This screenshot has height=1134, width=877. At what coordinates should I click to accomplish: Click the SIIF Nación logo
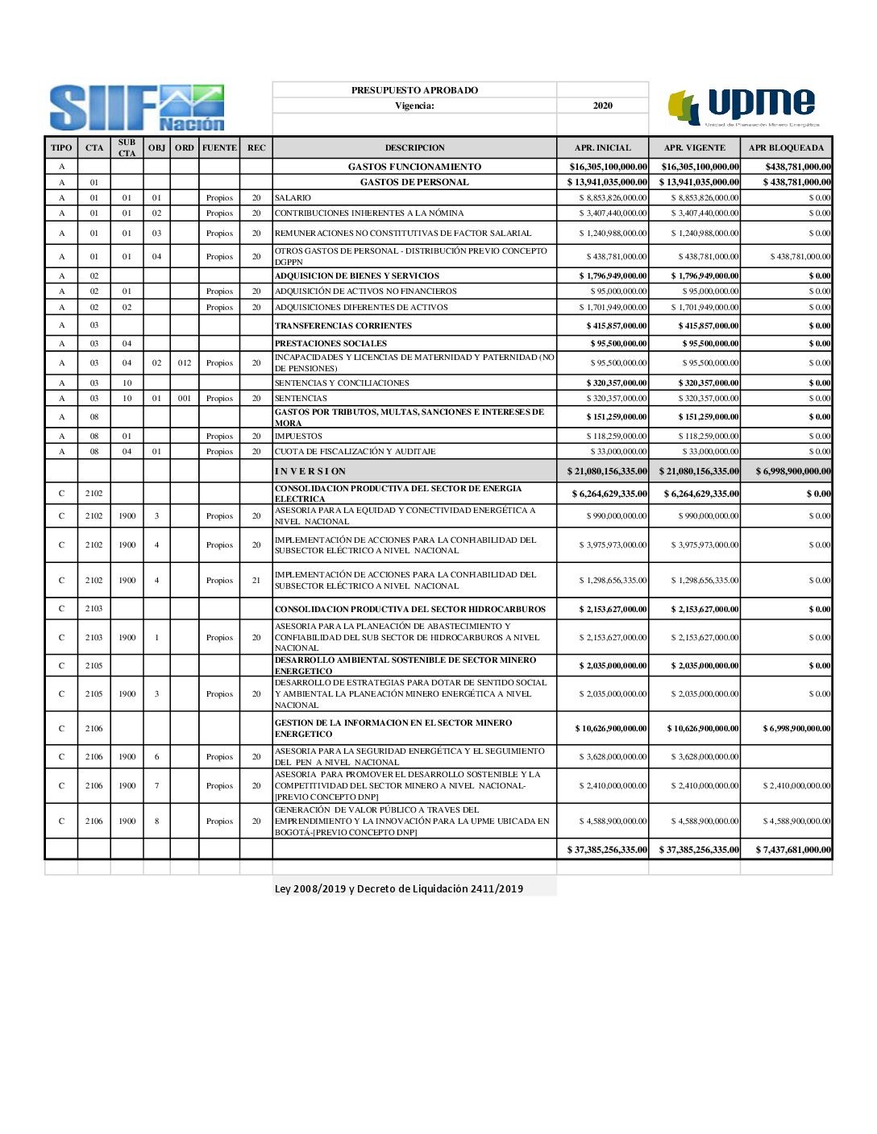coord(137,108)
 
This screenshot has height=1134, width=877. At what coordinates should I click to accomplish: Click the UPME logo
coord(743,108)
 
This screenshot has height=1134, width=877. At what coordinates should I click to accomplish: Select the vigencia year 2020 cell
coord(602,106)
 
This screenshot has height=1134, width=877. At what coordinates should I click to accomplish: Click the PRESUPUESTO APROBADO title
coord(414,90)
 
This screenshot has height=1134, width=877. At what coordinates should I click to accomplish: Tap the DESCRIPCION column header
coord(414,148)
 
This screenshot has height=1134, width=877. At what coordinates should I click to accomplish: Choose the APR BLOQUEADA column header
coord(786,148)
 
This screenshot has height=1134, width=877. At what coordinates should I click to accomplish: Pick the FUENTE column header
coord(219,148)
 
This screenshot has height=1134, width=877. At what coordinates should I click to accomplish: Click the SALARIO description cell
coord(293,198)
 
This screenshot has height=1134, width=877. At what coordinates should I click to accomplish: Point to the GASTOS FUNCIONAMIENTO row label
coord(414,167)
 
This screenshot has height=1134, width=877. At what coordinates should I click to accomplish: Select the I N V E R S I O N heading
coord(310,471)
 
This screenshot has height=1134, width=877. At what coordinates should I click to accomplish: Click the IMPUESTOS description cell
coord(298,437)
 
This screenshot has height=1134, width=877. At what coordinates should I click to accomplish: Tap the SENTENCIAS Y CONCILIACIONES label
coord(342,383)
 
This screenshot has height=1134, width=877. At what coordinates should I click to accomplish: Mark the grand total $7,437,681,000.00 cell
coord(793,850)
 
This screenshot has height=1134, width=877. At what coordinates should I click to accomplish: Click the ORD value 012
coord(185,363)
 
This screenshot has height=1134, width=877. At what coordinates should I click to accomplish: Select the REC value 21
coord(256,581)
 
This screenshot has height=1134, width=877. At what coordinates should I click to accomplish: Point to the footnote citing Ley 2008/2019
coord(399,889)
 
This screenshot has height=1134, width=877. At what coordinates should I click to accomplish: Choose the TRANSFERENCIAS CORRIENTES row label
coord(343,326)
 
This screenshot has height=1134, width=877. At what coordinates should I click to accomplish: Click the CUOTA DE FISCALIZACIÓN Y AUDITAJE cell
coord(355,452)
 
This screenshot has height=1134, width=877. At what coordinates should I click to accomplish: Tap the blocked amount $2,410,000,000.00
coord(796,786)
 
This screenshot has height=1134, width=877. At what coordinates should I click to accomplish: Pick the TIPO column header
coord(61,148)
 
